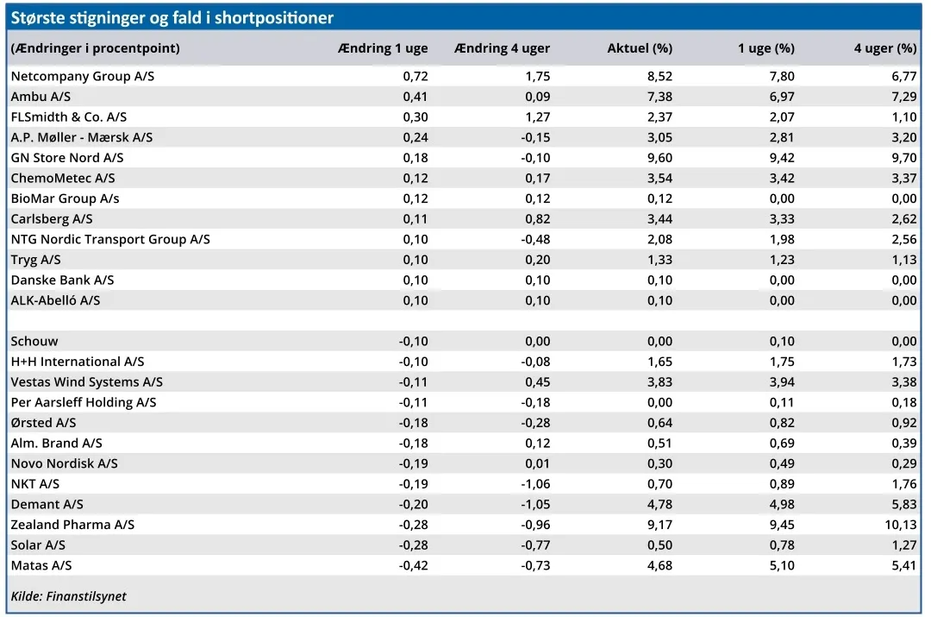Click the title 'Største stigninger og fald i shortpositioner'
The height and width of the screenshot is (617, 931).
(172, 18)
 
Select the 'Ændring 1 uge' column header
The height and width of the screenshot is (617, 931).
(383, 48)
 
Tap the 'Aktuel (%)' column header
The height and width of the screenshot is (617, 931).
(640, 48)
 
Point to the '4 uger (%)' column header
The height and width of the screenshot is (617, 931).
(885, 48)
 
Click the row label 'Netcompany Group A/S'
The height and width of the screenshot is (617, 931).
(83, 76)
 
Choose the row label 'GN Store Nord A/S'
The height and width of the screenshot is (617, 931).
(67, 158)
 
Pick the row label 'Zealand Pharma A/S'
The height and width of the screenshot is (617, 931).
(72, 525)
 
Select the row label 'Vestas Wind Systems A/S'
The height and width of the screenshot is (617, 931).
(87, 381)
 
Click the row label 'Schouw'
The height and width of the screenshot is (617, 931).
(34, 341)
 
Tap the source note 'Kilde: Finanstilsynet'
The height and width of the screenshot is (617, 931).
(68, 596)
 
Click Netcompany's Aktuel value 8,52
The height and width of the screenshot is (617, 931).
(659, 76)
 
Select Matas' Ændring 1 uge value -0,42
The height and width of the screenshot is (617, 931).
(413, 565)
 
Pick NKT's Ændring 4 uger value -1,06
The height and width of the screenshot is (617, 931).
(535, 484)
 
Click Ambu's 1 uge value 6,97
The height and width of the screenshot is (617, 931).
(782, 97)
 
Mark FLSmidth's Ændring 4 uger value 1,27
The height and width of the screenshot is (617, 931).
(538, 117)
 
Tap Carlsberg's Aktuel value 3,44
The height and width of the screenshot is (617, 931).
(659, 218)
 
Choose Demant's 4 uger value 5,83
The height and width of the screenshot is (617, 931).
(904, 504)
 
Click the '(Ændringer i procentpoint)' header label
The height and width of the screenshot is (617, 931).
(95, 48)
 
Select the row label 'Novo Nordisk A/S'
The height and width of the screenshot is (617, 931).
(64, 463)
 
